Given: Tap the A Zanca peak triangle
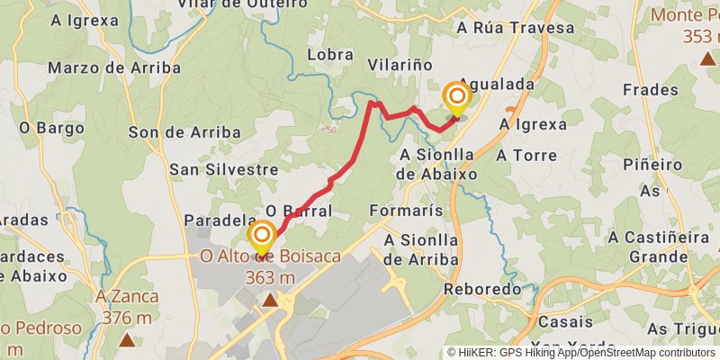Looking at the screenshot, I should coord(128,340).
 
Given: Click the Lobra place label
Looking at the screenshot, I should coord(329,55).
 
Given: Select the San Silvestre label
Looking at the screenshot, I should coord(223,169).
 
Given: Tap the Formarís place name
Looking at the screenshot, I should coord(406,211).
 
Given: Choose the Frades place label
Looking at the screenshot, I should coord(650,90).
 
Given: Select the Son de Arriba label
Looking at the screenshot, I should coord(184,132).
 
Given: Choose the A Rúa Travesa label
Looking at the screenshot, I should coord(515,28).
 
